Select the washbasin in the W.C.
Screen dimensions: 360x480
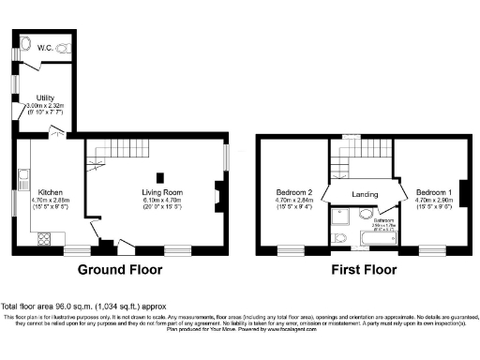(25, 42)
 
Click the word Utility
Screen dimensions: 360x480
(44, 97)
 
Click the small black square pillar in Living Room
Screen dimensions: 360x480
(159, 176)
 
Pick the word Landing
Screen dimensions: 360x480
(365, 194)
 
